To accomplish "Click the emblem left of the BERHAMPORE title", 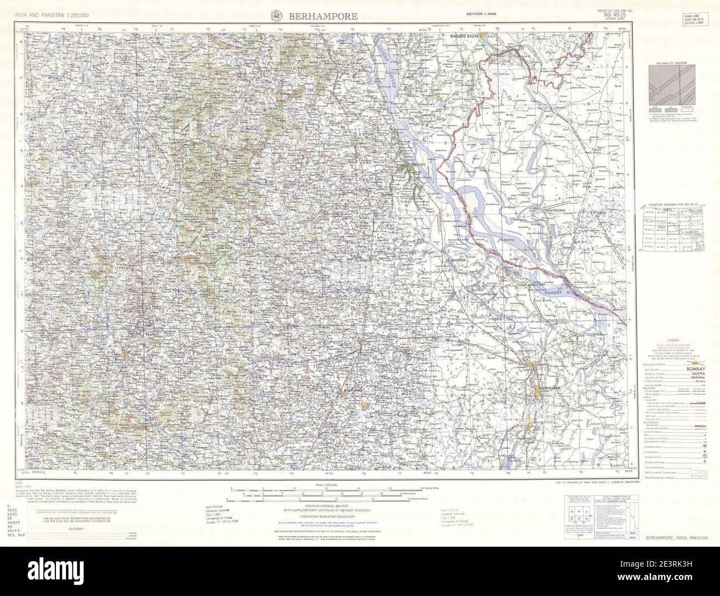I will [275, 16].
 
